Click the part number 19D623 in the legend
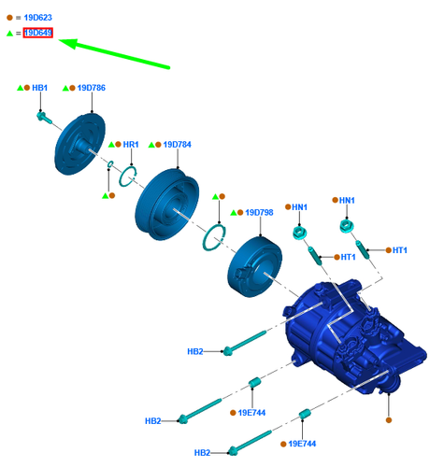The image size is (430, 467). pyautogui.click(x=37, y=18)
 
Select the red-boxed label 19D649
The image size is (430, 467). pyautogui.click(x=38, y=34)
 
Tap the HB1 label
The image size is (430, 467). pyautogui.click(x=39, y=88)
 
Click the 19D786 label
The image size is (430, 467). pyautogui.click(x=92, y=88)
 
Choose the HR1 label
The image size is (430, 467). pyautogui.click(x=131, y=145)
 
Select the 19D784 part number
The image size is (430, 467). pyautogui.click(x=177, y=145)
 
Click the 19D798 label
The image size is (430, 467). pyautogui.click(x=259, y=213)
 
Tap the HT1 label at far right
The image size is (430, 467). pyautogui.click(x=401, y=250)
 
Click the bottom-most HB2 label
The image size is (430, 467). pyautogui.click(x=202, y=453)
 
